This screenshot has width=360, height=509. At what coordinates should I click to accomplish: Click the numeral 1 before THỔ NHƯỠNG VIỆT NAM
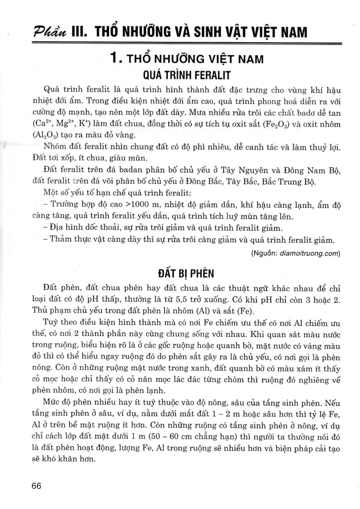pos(114,58)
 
